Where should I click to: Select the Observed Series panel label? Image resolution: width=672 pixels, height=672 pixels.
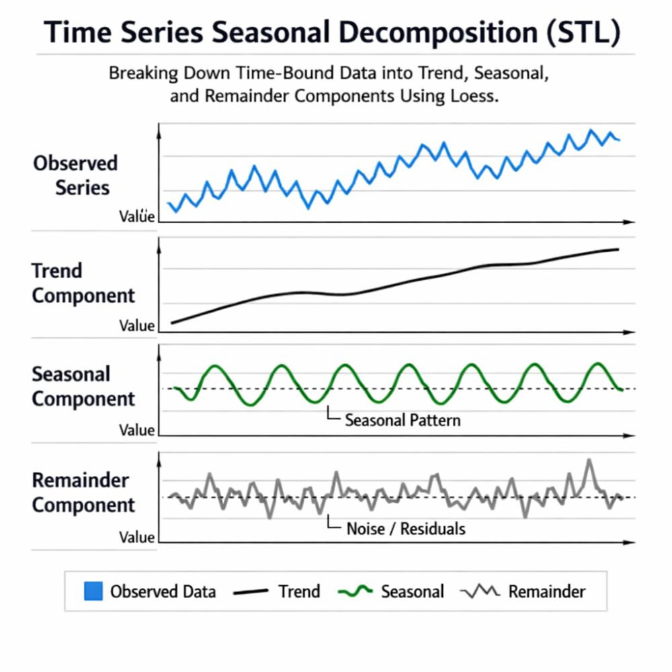pyautogui.click(x=76, y=175)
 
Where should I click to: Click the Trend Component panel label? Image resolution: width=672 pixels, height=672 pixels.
pyautogui.click(x=82, y=283)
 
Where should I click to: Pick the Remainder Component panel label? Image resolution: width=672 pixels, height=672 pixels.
pyautogui.click(x=83, y=493)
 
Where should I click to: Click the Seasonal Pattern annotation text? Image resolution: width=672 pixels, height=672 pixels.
pyautogui.click(x=403, y=421)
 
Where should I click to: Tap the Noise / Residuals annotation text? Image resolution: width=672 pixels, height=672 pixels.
pyautogui.click(x=405, y=529)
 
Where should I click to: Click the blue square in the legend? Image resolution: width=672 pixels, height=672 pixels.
pyautogui.click(x=93, y=591)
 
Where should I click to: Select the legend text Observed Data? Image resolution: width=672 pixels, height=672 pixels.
pyautogui.click(x=163, y=591)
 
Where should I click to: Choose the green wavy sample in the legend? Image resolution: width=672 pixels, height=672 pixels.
pyautogui.click(x=355, y=591)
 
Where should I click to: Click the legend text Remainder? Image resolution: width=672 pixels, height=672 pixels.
pyautogui.click(x=546, y=591)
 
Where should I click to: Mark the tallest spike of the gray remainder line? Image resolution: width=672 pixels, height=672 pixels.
pyautogui.click(x=589, y=460)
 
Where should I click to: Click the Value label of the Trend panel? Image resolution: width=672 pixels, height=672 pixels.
pyautogui.click(x=137, y=326)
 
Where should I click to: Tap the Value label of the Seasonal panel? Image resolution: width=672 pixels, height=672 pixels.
pyautogui.click(x=137, y=430)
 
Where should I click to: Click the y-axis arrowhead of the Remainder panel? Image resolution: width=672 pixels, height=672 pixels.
pyautogui.click(x=158, y=457)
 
